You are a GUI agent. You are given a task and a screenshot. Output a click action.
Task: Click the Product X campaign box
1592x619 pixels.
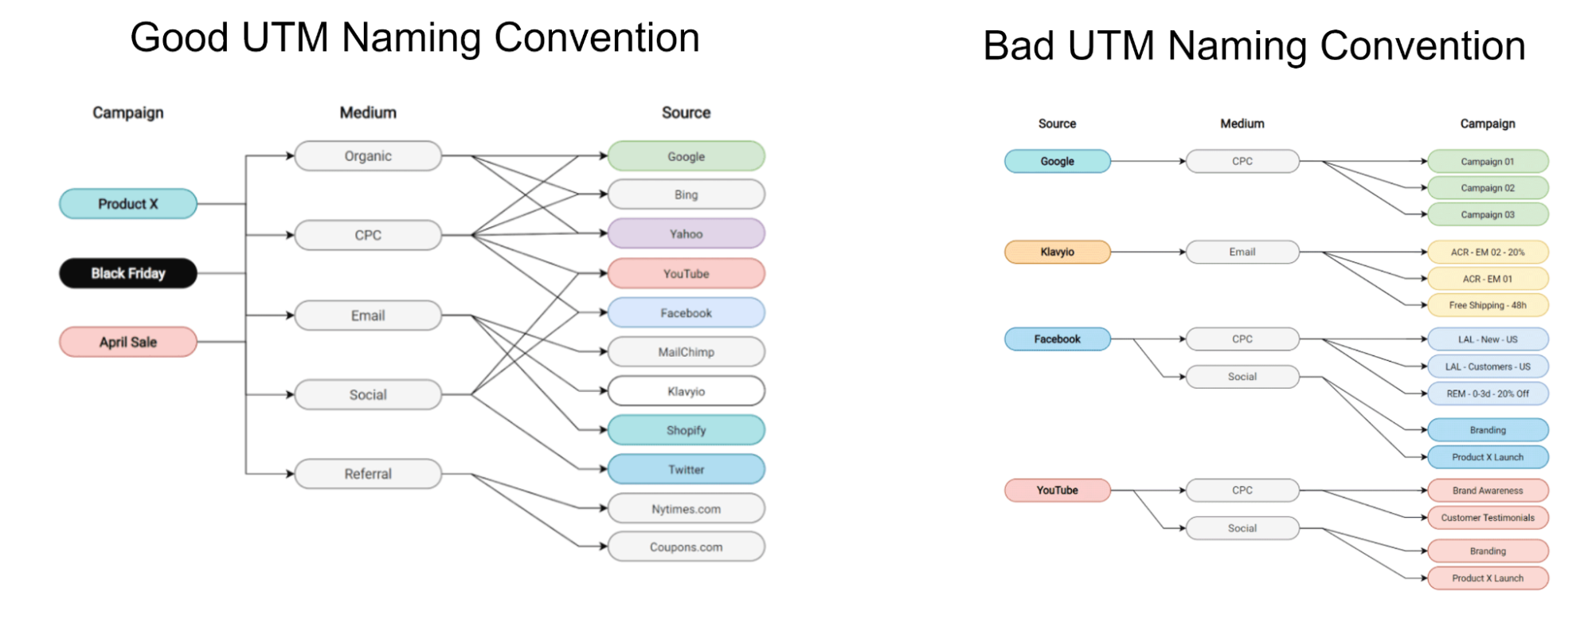coord(128,204)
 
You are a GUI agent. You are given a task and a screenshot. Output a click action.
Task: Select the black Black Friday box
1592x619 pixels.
coord(128,273)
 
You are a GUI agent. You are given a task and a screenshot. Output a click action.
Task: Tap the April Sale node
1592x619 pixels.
coord(128,342)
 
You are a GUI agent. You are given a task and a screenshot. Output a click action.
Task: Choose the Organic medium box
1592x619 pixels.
coord(368,156)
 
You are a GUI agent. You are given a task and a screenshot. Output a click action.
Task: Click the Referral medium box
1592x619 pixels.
coord(368,474)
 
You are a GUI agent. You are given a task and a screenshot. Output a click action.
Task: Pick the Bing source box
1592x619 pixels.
coord(686,194)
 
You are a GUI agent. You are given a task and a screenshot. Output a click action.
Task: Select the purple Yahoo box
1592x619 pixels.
coord(686,234)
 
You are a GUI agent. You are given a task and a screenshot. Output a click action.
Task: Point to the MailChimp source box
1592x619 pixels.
coord(686,352)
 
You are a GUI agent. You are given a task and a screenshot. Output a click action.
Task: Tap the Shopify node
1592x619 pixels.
coord(686,430)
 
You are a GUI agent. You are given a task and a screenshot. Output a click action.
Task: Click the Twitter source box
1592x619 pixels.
coord(686,470)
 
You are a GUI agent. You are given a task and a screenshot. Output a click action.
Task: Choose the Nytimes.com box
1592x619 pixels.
coord(686,509)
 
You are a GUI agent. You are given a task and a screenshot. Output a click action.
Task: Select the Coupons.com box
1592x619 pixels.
coord(686,547)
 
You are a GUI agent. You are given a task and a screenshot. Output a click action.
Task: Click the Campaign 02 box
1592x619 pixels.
coord(1488,188)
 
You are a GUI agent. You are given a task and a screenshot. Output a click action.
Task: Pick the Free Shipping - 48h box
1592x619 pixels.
coord(1488,305)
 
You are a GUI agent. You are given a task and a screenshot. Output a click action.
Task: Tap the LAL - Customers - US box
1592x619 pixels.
coord(1488,366)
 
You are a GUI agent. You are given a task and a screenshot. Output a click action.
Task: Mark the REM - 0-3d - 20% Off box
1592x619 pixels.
coord(1488,394)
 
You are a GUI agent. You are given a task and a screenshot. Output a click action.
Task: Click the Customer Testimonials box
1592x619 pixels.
coord(1488,518)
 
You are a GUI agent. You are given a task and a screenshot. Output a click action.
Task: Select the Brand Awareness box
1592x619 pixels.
coord(1488,491)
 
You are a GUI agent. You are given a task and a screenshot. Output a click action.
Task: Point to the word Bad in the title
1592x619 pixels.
coord(1019,45)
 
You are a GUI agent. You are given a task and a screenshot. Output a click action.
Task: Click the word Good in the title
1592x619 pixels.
coord(180,37)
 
